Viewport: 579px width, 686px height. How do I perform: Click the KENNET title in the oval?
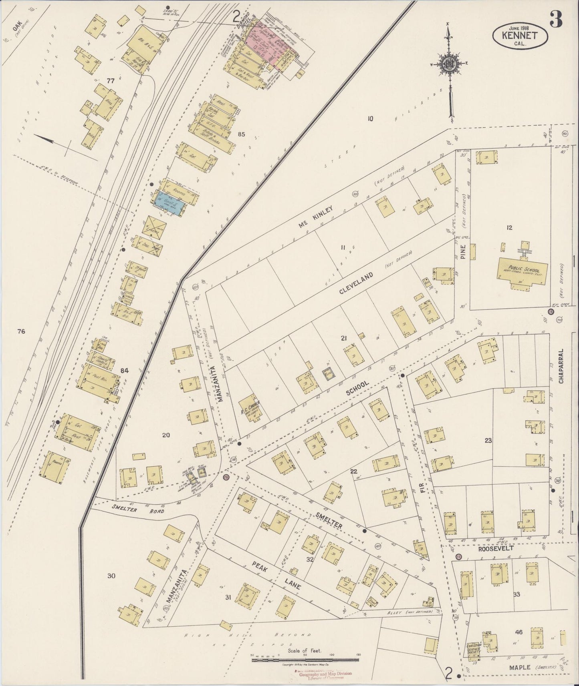click(520, 35)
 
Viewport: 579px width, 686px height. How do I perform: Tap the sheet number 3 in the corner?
click(556, 19)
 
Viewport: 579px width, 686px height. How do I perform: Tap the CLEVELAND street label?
click(356, 283)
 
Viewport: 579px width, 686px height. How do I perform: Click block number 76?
click(21, 331)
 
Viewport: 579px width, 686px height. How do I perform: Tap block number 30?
click(111, 576)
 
